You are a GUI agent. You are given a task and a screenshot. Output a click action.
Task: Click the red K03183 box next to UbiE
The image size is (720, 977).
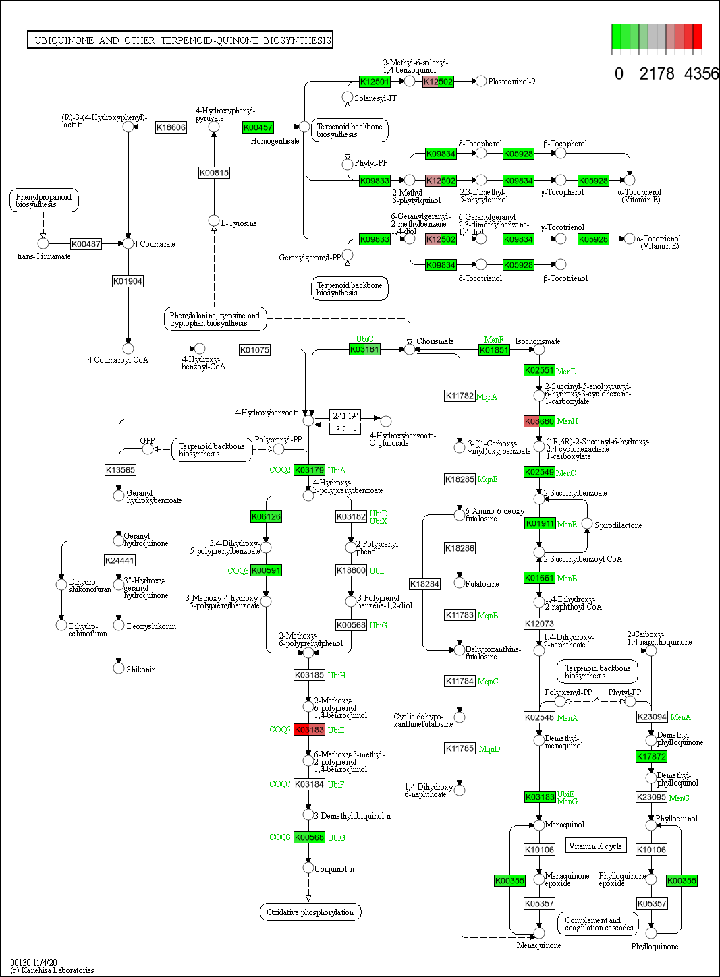click(x=310, y=730)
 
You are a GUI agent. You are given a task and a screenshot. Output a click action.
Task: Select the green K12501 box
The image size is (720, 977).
click(x=375, y=82)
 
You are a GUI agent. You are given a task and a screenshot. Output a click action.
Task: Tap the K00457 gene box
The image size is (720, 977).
click(x=258, y=127)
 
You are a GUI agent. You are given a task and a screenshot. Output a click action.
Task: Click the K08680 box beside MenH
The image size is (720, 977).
click(x=539, y=421)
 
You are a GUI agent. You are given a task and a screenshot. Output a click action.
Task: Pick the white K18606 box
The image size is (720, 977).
click(x=171, y=127)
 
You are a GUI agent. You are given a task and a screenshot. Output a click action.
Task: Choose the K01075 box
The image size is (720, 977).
click(x=254, y=350)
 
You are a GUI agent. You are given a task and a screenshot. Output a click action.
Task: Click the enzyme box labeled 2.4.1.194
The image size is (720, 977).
click(x=345, y=415)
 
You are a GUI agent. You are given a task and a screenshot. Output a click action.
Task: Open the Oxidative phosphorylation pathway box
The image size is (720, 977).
click(x=310, y=912)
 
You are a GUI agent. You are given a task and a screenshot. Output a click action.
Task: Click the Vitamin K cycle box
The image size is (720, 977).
click(x=594, y=846)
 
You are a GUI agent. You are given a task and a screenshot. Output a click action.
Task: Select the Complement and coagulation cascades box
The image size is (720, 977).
click(x=599, y=924)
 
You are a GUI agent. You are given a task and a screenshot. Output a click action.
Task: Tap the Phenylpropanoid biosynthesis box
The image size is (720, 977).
click(x=44, y=200)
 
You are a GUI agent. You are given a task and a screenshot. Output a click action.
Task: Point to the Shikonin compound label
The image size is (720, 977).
click(x=141, y=670)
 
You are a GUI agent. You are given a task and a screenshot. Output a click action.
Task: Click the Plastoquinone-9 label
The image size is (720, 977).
click(x=511, y=82)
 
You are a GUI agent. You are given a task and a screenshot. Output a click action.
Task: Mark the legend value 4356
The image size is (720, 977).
click(x=701, y=73)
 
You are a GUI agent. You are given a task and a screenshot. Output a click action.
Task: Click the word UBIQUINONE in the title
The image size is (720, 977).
click(x=64, y=40)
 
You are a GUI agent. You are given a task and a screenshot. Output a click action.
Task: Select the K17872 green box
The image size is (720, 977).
click(x=651, y=757)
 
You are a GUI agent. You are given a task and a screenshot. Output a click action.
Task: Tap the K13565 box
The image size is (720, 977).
click(x=120, y=470)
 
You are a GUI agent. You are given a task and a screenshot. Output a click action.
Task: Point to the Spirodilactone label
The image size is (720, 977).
click(x=618, y=525)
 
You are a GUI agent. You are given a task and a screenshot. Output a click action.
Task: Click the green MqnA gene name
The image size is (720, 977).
click(x=487, y=397)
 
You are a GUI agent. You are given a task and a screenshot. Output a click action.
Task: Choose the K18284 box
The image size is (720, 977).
click(x=424, y=584)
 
